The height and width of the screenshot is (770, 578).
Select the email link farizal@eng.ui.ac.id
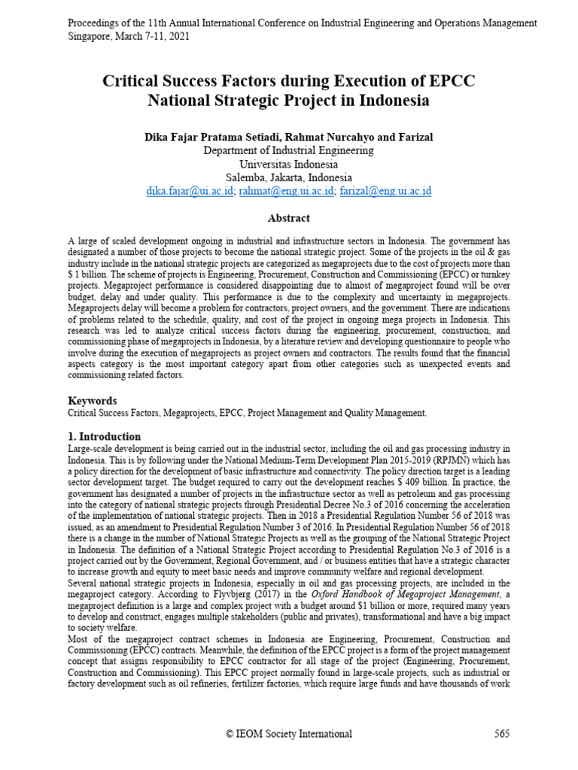pyautogui.click(x=385, y=192)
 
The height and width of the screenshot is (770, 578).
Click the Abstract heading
pyautogui.click(x=289, y=218)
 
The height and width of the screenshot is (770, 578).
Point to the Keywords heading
pyautogui.click(x=93, y=401)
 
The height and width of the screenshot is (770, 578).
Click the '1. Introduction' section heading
pyautogui.click(x=104, y=436)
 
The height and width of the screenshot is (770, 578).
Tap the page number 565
pyautogui.click(x=502, y=733)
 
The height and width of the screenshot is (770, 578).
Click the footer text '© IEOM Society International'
pyautogui.click(x=289, y=733)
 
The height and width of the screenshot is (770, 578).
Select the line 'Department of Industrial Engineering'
pyautogui.click(x=289, y=150)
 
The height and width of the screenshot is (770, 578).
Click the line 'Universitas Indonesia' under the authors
pyautogui.click(x=289, y=164)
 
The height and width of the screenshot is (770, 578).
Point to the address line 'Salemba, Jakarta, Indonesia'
pyautogui.click(x=289, y=177)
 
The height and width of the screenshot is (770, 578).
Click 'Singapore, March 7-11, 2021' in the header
pyautogui.click(x=129, y=35)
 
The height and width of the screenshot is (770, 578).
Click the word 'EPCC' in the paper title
pyautogui.click(x=448, y=80)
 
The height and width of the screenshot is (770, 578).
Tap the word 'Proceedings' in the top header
pyautogui.click(x=95, y=23)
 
